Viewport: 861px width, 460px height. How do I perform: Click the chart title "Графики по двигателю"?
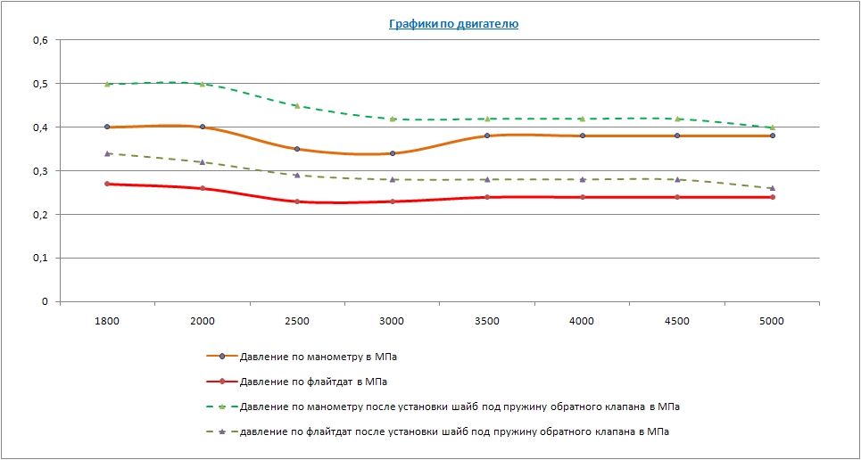pos(453,24)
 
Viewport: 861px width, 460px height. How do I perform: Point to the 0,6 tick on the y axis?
pos(40,40)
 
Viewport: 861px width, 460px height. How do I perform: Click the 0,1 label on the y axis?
pos(40,258)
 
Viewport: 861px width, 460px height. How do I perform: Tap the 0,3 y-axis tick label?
pos(40,171)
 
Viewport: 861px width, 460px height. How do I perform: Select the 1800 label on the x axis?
pos(107,321)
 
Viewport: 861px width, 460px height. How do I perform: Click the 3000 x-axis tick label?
pos(392,321)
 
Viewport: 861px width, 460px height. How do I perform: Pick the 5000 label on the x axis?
pos(772,321)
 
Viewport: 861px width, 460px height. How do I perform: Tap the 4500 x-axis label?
pos(677,321)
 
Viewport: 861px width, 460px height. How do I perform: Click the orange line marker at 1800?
pos(107,127)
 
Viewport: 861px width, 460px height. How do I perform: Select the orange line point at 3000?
pos(393,153)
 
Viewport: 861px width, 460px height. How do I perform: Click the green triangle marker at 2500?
pos(297,106)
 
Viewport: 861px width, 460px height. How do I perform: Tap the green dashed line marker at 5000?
pos(772,127)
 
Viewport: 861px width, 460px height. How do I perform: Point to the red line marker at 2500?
pos(297,201)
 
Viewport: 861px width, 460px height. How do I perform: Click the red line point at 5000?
pos(772,197)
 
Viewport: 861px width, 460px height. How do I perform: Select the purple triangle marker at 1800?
pos(107,153)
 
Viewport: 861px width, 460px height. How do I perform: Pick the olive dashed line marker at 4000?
pos(583,179)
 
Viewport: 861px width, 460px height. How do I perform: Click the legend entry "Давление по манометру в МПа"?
pos(319,357)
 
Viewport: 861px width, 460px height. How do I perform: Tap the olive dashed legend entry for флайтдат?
pos(455,431)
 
